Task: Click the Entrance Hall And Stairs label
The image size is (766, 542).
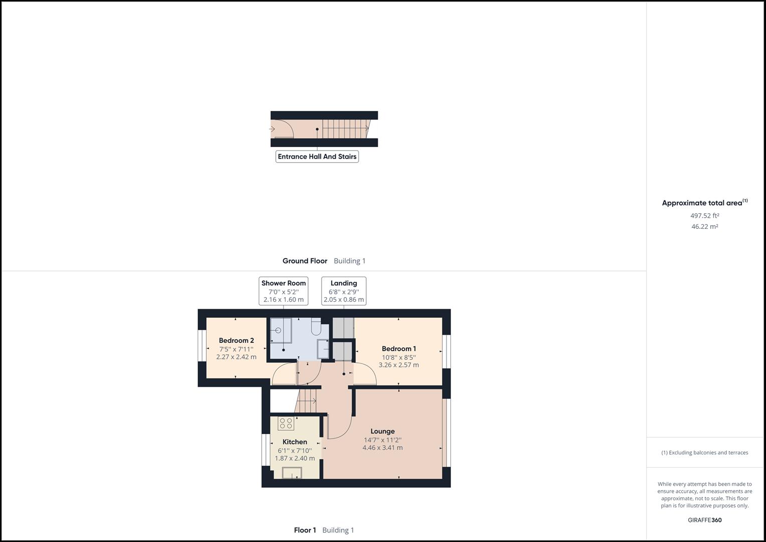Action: coord(317,157)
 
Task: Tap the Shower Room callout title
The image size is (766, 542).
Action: coord(283,283)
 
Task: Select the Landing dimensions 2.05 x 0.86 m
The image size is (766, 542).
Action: coord(344,300)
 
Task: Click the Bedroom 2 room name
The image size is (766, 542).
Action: coord(236,340)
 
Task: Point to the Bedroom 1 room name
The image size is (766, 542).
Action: coord(399,349)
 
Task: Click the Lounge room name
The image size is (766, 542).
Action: coord(383,431)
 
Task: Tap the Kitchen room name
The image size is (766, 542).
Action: coord(295,442)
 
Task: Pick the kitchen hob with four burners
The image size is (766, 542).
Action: coord(286,424)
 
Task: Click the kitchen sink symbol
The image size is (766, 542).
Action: coord(292,473)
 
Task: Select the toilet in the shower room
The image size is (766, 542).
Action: coord(316,326)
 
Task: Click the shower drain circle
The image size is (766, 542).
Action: coord(278,330)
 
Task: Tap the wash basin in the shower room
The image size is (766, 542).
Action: coord(323,349)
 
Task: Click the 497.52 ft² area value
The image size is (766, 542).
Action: coord(704,216)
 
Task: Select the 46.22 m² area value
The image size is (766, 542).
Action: coord(704,226)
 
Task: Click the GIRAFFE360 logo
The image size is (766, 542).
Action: coord(704,520)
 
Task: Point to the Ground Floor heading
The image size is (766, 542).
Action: coord(304,261)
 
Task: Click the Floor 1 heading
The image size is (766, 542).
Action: coord(305,530)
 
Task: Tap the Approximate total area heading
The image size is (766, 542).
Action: coord(704,203)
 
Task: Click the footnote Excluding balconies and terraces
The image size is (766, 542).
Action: coord(704,452)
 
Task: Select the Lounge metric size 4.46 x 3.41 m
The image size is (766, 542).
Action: coord(383,448)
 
